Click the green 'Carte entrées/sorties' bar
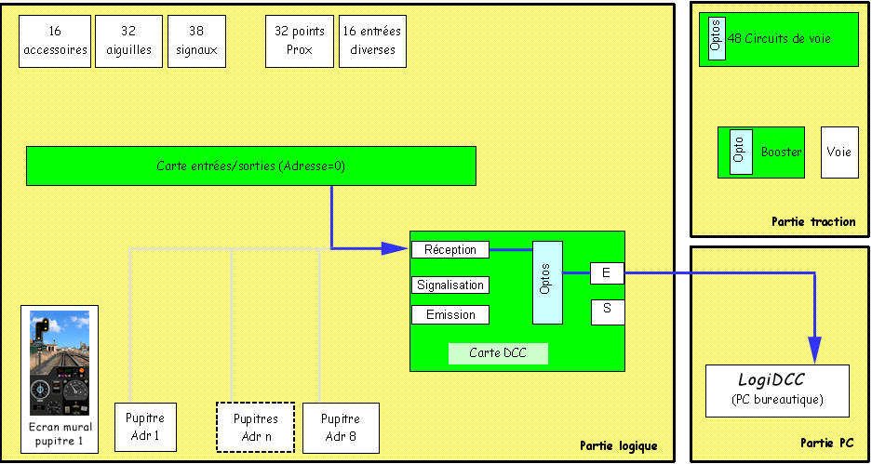(250, 166)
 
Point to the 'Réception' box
(449, 249)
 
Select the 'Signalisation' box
(449, 285)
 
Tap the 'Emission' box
(449, 315)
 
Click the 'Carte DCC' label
(498, 353)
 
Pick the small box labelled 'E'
(607, 273)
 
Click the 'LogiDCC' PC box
(777, 391)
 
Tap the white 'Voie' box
(839, 152)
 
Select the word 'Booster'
(781, 152)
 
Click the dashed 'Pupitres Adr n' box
(255, 427)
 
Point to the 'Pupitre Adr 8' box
(340, 427)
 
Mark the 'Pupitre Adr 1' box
(145, 427)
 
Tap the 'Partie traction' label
(812, 221)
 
